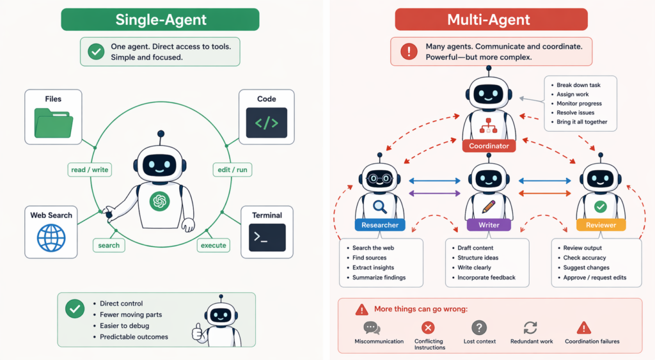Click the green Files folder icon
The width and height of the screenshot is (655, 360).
pos(54,123)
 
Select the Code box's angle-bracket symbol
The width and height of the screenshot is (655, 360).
pos(266,123)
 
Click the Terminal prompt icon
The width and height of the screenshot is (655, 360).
pos(266,237)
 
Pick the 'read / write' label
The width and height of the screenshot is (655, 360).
pos(90,169)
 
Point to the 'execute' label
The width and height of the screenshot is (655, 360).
pos(213,245)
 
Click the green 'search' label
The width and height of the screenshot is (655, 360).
pos(109,245)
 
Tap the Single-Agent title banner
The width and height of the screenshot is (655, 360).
pos(161,20)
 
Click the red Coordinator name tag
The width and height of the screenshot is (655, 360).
pos(489,146)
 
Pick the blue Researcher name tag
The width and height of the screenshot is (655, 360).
pos(380,225)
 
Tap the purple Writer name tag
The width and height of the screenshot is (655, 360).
pos(489,225)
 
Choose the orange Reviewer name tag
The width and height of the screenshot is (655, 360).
pos(601,225)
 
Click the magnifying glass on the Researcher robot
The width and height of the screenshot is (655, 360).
pos(380,207)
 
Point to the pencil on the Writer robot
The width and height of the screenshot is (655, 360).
pos(489,206)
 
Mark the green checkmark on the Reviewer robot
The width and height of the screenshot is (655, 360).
pos(601,207)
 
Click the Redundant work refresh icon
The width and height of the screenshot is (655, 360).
pos(530,328)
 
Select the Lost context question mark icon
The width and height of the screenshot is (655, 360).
pos(479,328)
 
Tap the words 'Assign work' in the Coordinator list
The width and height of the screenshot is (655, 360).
pos(572,94)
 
